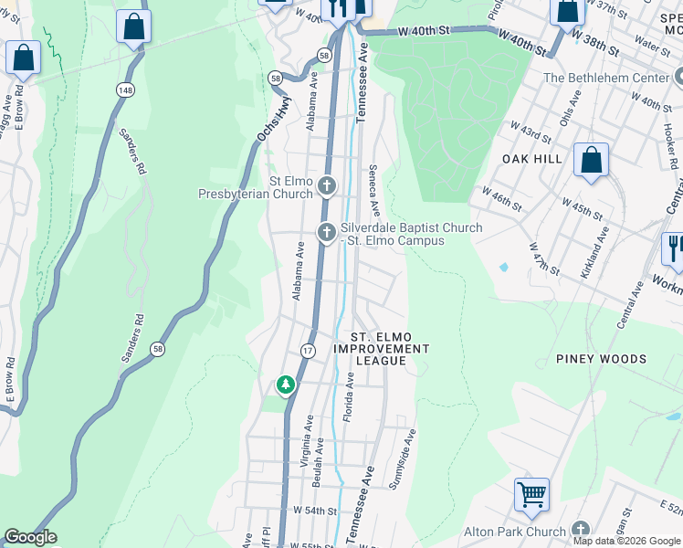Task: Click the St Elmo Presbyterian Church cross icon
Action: (327, 188)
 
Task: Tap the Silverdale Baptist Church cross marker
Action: (326, 233)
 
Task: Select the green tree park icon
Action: (286, 385)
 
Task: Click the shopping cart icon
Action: (531, 494)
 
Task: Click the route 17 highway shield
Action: (308, 350)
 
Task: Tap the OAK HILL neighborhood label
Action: (532, 158)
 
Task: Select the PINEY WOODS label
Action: (601, 359)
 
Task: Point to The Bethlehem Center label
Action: (607, 78)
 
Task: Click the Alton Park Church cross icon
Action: (580, 530)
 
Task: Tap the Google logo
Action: (29, 537)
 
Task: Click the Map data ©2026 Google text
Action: (627, 541)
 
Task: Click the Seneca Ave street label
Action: (373, 191)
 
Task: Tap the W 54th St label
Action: (315, 511)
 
